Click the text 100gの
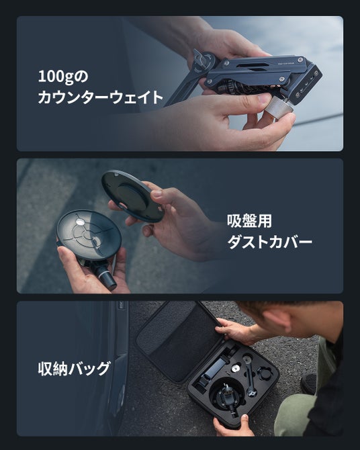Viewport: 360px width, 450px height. [63, 77]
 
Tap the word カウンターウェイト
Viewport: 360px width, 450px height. [101, 97]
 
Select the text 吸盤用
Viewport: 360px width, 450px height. [249, 221]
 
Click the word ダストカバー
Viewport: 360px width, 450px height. [269, 242]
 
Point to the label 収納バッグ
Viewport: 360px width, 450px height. [74, 369]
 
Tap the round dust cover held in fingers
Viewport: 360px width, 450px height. [132, 196]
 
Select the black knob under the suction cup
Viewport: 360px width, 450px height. [105, 277]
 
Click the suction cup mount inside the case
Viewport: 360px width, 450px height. [226, 396]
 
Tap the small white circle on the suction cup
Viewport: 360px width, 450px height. [79, 222]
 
